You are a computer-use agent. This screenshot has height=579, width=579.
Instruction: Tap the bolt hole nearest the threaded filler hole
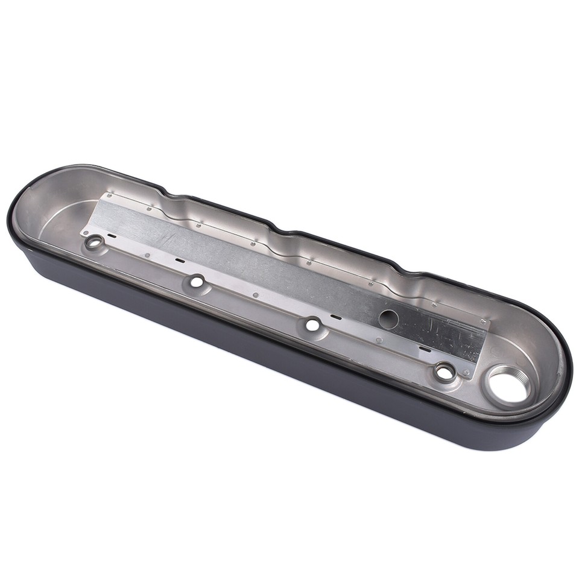[x=445, y=372]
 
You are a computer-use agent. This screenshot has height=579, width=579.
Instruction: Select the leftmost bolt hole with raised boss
[x=94, y=242]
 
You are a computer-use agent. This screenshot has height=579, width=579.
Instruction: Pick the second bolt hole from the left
[x=197, y=280]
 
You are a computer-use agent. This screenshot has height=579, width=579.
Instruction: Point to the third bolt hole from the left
[x=312, y=324]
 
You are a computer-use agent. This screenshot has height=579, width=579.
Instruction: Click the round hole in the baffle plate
[x=388, y=319]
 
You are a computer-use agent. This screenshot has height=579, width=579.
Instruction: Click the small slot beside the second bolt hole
[x=179, y=261]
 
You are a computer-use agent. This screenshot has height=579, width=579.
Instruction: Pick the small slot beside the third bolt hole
[x=336, y=317]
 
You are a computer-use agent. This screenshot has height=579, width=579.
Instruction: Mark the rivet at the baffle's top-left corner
[x=109, y=195]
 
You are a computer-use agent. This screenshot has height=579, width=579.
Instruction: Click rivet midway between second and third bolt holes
[x=256, y=295]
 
